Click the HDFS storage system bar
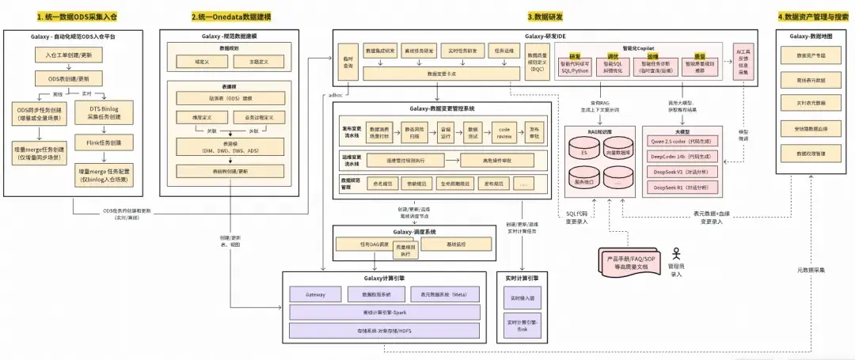(383, 330)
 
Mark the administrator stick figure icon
(676, 254)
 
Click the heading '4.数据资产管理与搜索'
(811, 16)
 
